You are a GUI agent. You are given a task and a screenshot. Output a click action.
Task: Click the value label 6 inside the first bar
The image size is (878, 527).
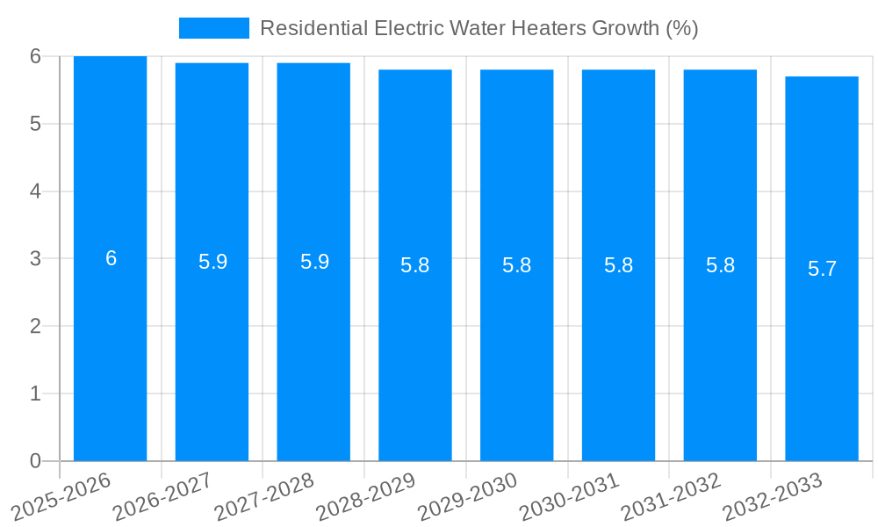[111, 258]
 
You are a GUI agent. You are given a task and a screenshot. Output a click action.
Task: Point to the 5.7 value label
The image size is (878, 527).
[822, 269]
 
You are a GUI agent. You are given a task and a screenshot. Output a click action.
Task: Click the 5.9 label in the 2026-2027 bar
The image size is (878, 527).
[212, 262]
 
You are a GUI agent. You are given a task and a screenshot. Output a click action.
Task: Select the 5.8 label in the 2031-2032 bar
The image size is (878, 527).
[720, 265]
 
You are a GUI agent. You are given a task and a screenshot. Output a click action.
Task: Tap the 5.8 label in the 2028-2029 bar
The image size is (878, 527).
[414, 265]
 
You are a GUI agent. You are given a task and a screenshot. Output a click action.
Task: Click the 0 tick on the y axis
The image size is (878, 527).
[35, 461]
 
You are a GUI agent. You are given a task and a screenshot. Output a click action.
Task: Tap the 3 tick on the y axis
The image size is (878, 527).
[35, 259]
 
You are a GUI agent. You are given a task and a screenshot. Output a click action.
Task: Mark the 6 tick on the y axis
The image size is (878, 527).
[35, 56]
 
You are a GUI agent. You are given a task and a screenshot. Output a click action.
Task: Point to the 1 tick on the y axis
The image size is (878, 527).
[35, 393]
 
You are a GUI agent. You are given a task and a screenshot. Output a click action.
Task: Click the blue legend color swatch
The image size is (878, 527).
[213, 28]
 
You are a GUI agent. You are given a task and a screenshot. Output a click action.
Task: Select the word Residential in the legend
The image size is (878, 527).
[313, 28]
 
